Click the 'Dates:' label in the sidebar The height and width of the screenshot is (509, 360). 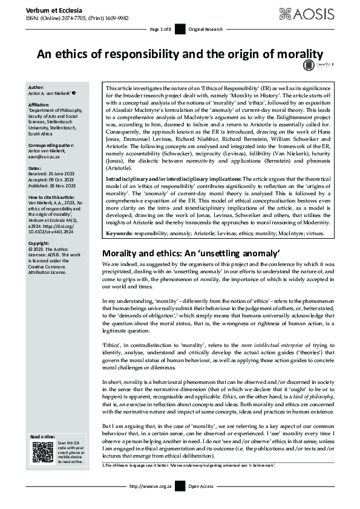(36, 167)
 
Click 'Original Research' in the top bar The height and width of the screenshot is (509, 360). (206, 29)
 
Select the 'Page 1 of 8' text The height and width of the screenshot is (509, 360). (160, 29)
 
